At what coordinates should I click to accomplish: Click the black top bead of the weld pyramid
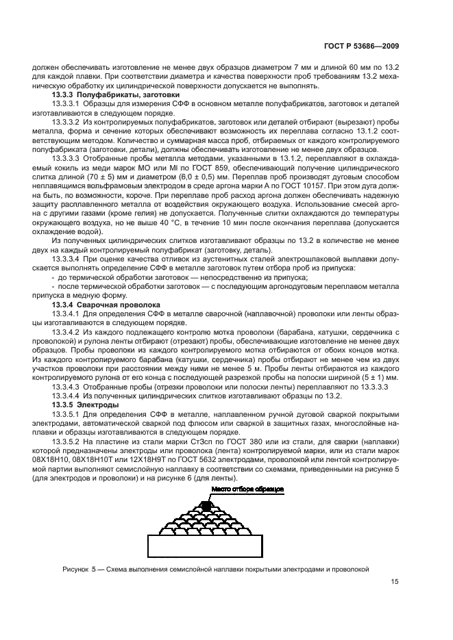pos(206,506)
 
